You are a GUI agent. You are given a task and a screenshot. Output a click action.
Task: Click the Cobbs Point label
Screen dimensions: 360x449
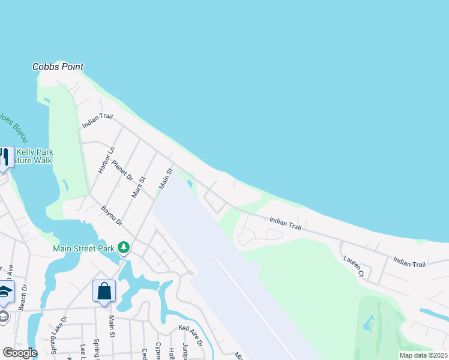pyautogui.click(x=58, y=67)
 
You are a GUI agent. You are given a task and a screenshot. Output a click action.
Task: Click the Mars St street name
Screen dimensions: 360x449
pyautogui.click(x=138, y=187)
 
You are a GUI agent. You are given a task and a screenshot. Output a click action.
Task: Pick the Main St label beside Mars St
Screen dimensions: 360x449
pyautogui.click(x=166, y=179)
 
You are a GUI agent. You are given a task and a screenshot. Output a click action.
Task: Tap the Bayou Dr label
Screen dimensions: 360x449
pyautogui.click(x=112, y=216)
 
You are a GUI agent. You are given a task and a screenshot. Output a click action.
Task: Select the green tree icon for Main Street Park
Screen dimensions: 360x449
pyautogui.click(x=124, y=247)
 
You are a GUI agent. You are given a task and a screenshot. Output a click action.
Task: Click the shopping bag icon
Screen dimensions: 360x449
pyautogui.click(x=104, y=291)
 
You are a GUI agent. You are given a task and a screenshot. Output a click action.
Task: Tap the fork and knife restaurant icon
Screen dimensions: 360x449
pyautogui.click(x=5, y=157)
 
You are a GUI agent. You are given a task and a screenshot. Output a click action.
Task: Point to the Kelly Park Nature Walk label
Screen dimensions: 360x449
pyautogui.click(x=34, y=156)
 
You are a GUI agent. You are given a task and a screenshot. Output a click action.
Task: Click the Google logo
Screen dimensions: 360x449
pyautogui.click(x=19, y=353)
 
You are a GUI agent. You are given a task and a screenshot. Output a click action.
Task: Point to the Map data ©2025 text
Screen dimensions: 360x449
pyautogui.click(x=423, y=355)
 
